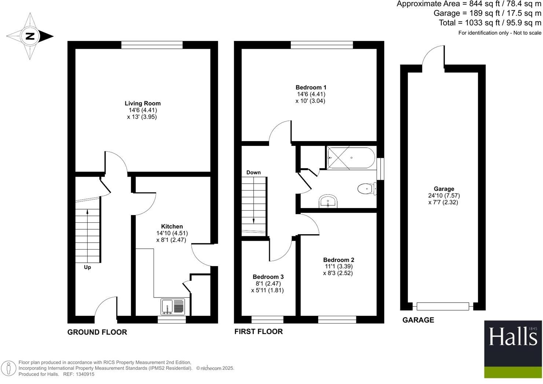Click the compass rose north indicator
[x=30, y=36]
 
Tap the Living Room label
[x=143, y=103]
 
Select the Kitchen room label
[x=172, y=226]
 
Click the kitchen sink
[x=173, y=307]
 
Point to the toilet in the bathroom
[x=365, y=189]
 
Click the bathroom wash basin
[x=328, y=202]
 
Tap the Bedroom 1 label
[x=311, y=87]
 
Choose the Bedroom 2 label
[x=338, y=260]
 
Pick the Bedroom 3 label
[x=268, y=277]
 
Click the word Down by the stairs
[x=253, y=172]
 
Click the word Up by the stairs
[x=87, y=267]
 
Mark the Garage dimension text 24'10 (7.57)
[x=444, y=196]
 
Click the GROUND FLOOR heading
[x=97, y=332]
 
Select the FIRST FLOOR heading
[x=258, y=331]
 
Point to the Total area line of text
[x=490, y=23]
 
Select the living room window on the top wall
[x=152, y=45]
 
